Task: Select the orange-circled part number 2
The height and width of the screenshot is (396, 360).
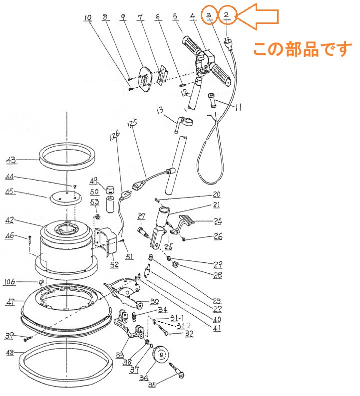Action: [227, 15]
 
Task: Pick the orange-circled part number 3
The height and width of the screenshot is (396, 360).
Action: [210, 15]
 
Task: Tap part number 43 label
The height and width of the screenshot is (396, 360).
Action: [11, 160]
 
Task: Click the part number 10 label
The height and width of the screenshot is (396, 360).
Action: [88, 18]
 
